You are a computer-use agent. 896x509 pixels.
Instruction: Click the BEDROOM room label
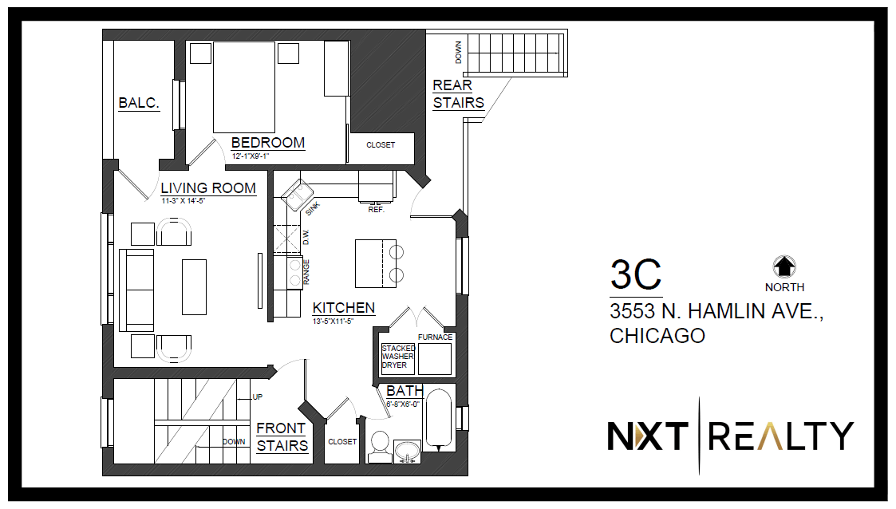[x=268, y=142]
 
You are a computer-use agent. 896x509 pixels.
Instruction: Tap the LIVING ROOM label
[x=208, y=188]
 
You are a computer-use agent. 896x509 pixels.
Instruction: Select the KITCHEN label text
[x=343, y=308]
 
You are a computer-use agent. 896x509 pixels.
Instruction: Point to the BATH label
[x=405, y=391]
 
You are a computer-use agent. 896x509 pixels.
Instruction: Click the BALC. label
[x=139, y=103]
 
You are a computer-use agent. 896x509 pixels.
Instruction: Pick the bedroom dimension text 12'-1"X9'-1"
[x=251, y=156]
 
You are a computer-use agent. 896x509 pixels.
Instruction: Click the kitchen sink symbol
[x=297, y=195]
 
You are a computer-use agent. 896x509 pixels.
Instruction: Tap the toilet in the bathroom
[x=380, y=447]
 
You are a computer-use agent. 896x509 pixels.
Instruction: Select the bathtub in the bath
[x=439, y=418]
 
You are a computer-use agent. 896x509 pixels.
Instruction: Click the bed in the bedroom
[x=244, y=88]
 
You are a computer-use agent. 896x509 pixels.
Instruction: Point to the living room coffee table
[x=195, y=286]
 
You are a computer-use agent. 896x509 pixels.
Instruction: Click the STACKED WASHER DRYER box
[x=397, y=358]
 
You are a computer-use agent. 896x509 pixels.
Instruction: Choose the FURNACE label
[x=435, y=337]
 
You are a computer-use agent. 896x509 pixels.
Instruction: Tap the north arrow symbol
[x=784, y=266]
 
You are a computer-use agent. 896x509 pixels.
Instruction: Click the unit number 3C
[x=635, y=274]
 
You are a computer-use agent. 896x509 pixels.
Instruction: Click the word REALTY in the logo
[x=781, y=436]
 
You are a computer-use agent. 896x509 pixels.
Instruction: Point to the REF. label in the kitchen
[x=376, y=210]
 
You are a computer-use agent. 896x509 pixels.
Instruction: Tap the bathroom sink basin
[x=408, y=450]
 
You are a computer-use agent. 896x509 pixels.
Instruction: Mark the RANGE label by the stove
[x=306, y=272]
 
